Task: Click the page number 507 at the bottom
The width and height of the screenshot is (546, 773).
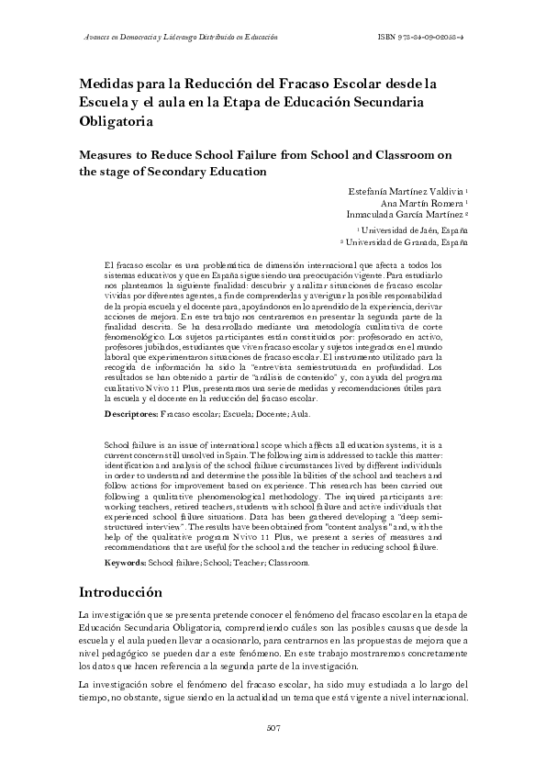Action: (273, 730)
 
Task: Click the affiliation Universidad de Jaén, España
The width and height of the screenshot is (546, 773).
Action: (413, 230)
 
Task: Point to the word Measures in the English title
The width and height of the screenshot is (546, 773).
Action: (110, 154)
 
